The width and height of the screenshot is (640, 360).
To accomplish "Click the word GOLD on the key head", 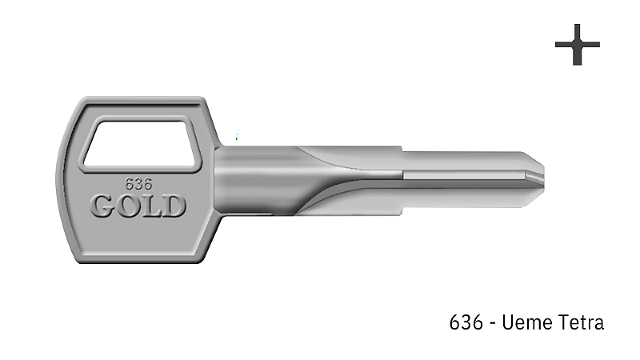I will pyautogui.click(x=138, y=206).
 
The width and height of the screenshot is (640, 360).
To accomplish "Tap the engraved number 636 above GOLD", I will pyautogui.click(x=138, y=183).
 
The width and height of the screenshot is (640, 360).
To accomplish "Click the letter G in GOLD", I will pyautogui.click(x=103, y=206).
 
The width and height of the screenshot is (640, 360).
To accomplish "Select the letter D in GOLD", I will pyautogui.click(x=174, y=206).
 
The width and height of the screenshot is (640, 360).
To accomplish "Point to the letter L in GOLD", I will pyautogui.click(x=151, y=206).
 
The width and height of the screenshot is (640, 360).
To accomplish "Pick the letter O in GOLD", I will pyautogui.click(x=127, y=206).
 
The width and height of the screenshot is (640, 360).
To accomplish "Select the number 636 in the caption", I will pyautogui.click(x=466, y=322).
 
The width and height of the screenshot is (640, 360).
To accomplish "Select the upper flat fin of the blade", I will pyautogui.click(x=352, y=154).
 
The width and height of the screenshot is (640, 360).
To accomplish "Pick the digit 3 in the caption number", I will pyautogui.click(x=466, y=322).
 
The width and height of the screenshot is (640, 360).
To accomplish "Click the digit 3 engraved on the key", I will pyautogui.click(x=138, y=183).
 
